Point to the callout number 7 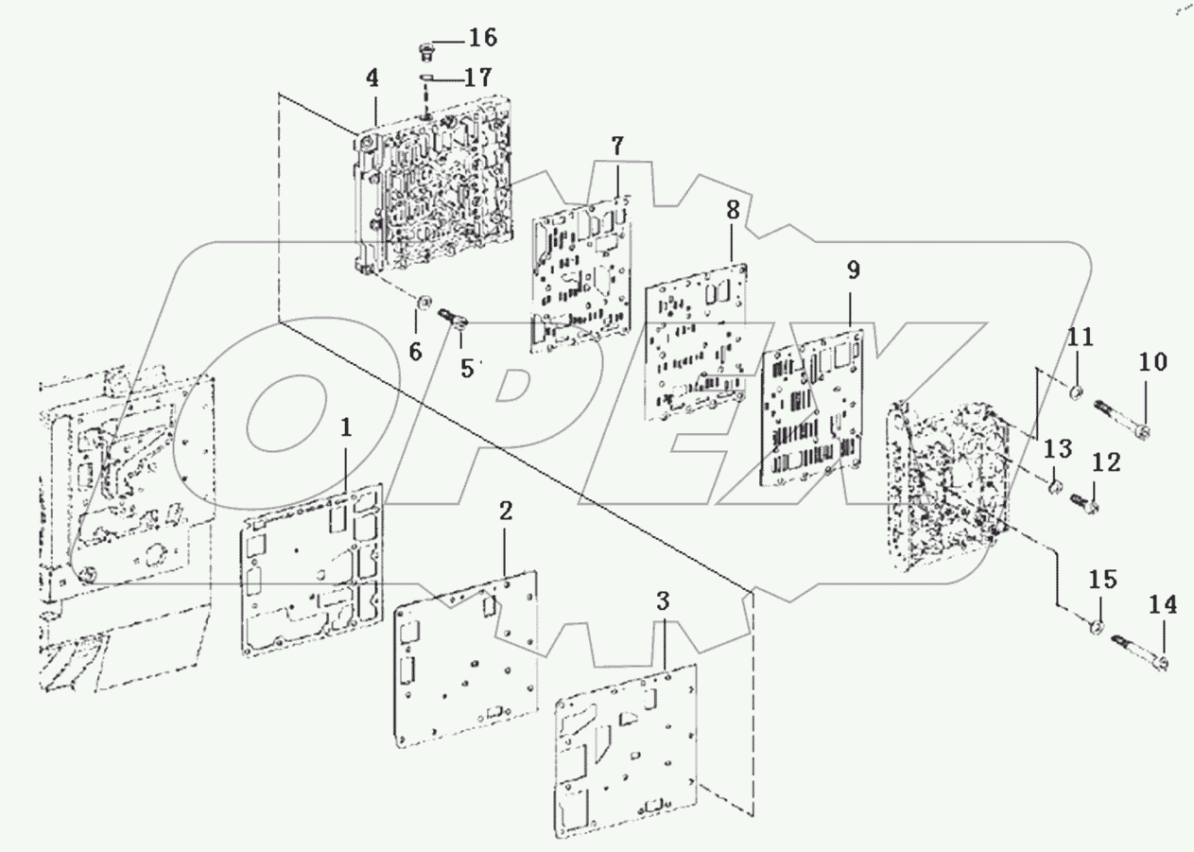pyautogui.click(x=616, y=147)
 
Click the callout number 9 pyautogui.click(x=853, y=271)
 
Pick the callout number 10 pyautogui.click(x=1152, y=361)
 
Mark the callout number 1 pyautogui.click(x=346, y=427)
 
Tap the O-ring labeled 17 pyautogui.click(x=426, y=78)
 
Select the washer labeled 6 pyautogui.click(x=425, y=303)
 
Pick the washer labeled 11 pyautogui.click(x=1077, y=391)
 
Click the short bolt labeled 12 pyautogui.click(x=1083, y=501)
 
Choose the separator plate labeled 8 pyautogui.click(x=695, y=345)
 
